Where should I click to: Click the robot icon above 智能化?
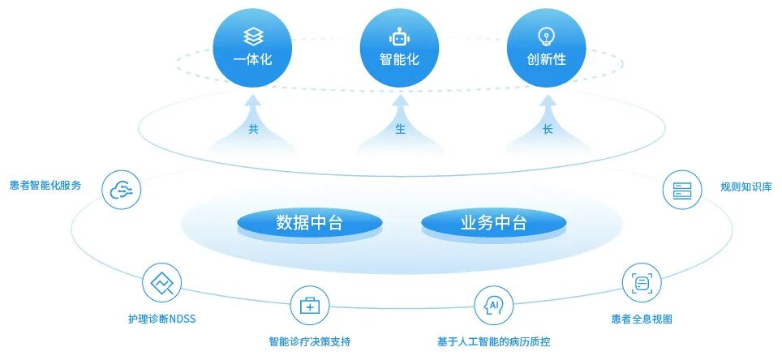coord(399,36)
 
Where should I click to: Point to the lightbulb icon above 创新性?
coord(547,36)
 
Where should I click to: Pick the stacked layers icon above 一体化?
coord(252,36)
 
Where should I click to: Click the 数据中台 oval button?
coord(309,222)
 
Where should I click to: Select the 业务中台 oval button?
coord(493,222)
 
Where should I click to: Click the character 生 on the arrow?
coord(400,130)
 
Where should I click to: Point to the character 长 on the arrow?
coord(548,130)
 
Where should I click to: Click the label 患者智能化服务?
coord(45,186)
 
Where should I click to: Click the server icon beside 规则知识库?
coord(681,191)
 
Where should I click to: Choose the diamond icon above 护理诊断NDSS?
coord(161,283)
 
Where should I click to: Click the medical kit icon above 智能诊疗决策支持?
coord(310,306)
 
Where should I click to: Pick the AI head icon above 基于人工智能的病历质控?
coord(493,306)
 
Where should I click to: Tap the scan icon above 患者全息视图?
coord(642,283)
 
